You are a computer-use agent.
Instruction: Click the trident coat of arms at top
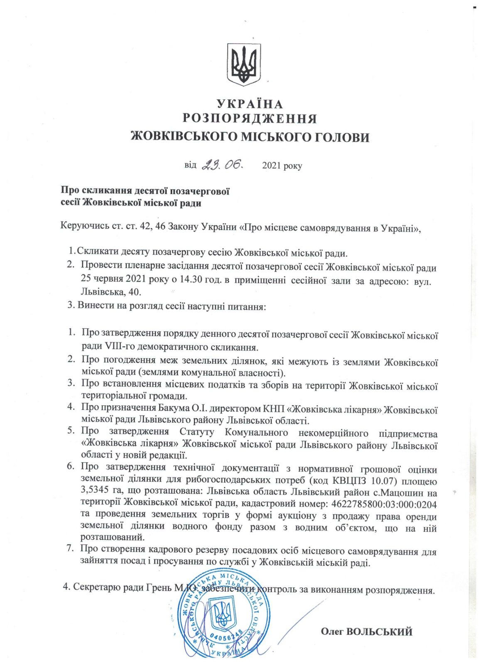[x=243, y=64]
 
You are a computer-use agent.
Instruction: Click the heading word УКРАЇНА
[x=250, y=104]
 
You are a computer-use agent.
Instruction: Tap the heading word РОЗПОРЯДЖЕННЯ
[x=250, y=119]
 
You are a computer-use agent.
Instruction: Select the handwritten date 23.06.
[x=223, y=165]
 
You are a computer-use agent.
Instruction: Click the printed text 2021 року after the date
[x=282, y=166]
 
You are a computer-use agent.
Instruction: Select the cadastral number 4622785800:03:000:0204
[x=384, y=505]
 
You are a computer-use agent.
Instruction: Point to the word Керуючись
[x=85, y=227]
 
